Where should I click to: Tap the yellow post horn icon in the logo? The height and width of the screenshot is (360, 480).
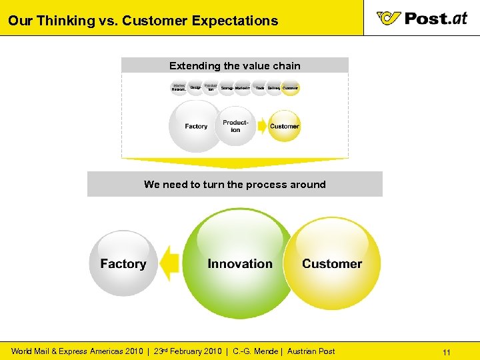tap(388, 18)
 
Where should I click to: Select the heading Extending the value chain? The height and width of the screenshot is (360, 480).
tap(235, 65)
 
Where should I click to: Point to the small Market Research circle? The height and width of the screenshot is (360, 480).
tap(179, 87)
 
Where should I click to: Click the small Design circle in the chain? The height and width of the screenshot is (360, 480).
tap(195, 87)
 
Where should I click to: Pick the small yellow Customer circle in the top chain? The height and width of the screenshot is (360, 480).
tap(290, 87)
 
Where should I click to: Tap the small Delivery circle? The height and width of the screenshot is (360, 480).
tap(274, 87)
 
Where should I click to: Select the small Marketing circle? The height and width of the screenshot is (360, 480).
tap(243, 87)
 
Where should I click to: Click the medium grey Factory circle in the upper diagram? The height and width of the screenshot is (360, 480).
tap(196, 126)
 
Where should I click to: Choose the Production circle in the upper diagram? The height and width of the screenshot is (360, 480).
tap(235, 126)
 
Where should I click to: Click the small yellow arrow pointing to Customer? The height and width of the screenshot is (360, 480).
tap(259, 126)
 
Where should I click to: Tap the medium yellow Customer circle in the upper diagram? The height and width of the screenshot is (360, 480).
tap(285, 126)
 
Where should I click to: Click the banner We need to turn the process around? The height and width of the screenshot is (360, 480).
tap(235, 184)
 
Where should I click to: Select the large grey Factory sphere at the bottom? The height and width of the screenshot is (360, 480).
tap(123, 263)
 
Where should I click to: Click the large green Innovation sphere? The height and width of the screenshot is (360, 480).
tap(240, 263)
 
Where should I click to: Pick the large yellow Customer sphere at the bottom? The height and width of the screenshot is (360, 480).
tap(331, 263)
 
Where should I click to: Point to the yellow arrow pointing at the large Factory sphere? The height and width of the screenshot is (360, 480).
tap(171, 263)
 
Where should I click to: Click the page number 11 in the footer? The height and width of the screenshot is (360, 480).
tap(447, 351)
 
